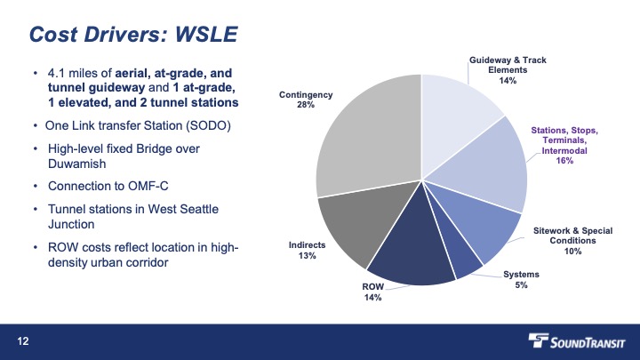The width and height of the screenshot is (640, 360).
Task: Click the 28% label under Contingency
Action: [x=306, y=105]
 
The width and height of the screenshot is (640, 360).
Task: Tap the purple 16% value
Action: [x=564, y=161]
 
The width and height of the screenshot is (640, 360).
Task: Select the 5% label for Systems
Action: [x=521, y=285]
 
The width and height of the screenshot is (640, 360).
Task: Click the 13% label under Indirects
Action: [x=307, y=255]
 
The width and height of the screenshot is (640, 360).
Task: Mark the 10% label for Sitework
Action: [x=572, y=252]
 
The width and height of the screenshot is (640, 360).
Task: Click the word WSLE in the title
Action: [x=206, y=35]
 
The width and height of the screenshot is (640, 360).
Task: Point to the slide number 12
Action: [x=23, y=341]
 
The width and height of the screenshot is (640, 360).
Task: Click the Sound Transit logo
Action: [x=576, y=341]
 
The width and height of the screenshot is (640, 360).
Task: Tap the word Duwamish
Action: [x=76, y=164]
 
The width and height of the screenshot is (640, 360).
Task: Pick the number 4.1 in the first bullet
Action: [x=56, y=74]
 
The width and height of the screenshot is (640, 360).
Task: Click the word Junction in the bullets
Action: [x=71, y=224]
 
